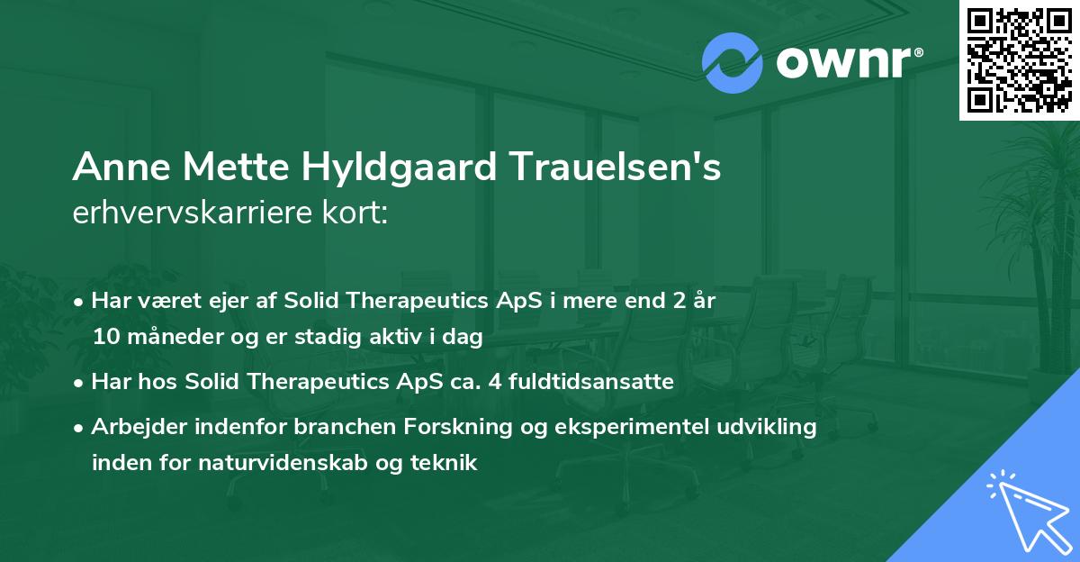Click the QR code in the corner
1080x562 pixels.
(1019, 59)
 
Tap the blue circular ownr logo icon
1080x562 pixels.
(733, 62)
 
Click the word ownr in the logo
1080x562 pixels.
(846, 63)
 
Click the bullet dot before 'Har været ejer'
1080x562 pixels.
(81, 302)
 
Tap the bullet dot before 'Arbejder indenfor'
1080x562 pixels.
(81, 428)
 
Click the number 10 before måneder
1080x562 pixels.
(104, 338)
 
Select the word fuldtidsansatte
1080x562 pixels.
(596, 382)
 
